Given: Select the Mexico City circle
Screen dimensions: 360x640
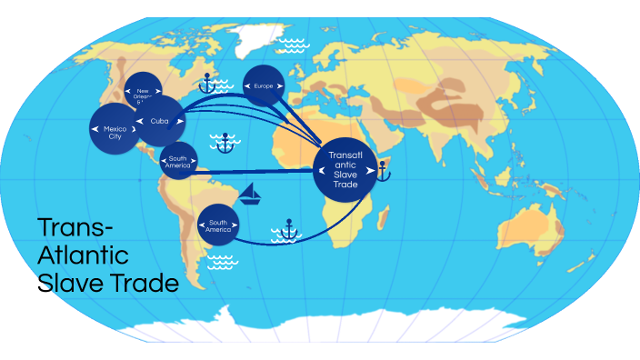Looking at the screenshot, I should point(114,130).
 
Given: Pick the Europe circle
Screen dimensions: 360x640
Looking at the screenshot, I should point(264,85).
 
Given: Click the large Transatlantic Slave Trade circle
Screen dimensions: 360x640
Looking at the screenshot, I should point(345,169).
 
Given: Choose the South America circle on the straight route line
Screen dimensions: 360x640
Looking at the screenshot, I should point(177,162).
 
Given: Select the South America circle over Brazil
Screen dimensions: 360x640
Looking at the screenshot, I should point(218,224).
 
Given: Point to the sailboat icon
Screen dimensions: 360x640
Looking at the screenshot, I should point(250,193).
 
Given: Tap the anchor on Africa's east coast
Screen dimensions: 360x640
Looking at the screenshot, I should point(383,168).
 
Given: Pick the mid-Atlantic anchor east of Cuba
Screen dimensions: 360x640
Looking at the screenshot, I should point(224,141).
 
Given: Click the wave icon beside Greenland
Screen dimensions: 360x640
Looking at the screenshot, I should point(293,43).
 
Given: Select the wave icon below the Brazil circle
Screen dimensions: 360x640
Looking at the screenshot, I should point(221,262).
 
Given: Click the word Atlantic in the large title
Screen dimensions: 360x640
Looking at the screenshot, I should point(84,255).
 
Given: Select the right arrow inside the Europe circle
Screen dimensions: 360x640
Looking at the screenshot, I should point(279,85).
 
